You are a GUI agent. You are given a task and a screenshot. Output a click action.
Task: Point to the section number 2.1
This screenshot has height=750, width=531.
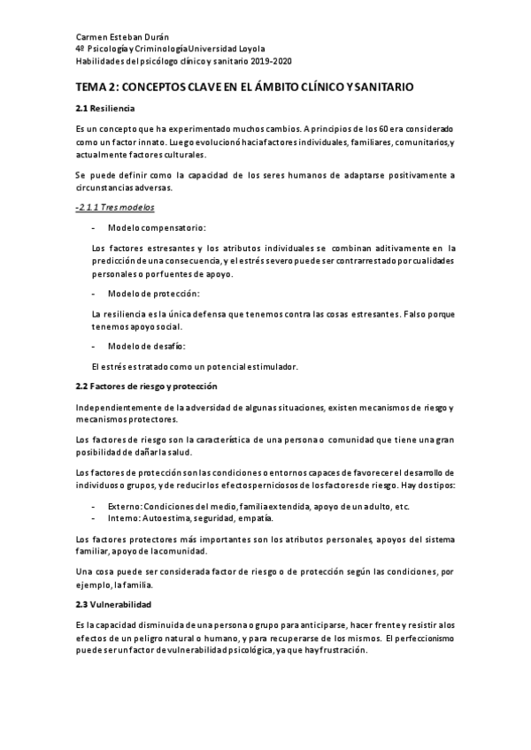pyautogui.click(x=83, y=109)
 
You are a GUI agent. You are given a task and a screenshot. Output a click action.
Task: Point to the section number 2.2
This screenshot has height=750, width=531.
pyautogui.click(x=83, y=386)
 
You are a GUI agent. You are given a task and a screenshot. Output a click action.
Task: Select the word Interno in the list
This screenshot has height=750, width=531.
pyautogui.click(x=123, y=517)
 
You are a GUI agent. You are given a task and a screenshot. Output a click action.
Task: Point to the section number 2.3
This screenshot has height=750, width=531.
pyautogui.click(x=83, y=604)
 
